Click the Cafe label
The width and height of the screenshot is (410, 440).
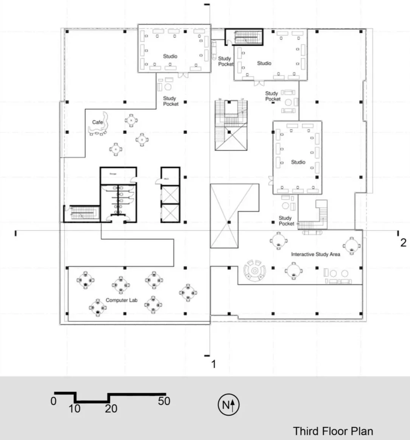98,122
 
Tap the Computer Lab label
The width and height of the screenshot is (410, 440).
122,300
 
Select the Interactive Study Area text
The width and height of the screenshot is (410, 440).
315,254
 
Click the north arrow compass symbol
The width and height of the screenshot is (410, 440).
229,405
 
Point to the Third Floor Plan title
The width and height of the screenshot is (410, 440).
333,431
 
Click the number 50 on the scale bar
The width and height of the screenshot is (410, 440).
164,401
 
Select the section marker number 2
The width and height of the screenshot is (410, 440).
403,243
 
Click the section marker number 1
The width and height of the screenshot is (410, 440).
214,364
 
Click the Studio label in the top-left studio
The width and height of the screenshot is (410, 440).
170,56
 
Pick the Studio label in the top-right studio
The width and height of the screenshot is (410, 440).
264,63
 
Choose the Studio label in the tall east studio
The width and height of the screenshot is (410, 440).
298,162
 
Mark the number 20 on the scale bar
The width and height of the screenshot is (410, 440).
111,409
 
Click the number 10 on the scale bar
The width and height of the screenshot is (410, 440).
75,409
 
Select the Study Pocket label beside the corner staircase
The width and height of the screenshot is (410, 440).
286,221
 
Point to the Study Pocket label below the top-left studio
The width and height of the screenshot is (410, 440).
170,101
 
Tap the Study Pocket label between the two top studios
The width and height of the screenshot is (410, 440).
225,61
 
